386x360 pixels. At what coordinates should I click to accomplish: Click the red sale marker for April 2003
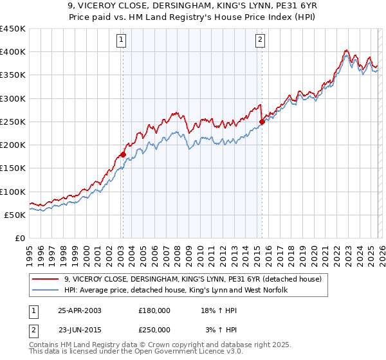[x=123, y=154]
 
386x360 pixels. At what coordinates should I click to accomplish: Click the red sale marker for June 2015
[x=262, y=122]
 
